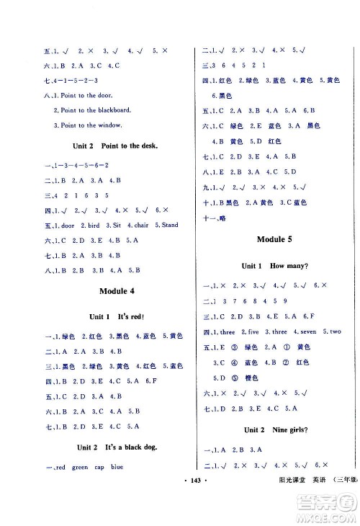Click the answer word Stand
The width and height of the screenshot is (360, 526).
point(169,226)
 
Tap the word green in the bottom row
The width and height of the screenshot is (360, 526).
point(80,467)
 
